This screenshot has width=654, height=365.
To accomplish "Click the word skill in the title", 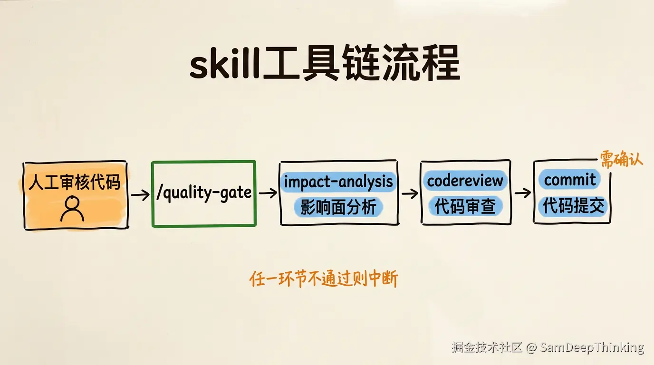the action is [224, 63].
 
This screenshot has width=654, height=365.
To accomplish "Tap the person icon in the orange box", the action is [72, 209].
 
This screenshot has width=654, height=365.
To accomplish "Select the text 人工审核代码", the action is [75, 182].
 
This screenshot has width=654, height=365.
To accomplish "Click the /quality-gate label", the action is [204, 193].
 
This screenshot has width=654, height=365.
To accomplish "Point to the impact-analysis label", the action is [338, 182].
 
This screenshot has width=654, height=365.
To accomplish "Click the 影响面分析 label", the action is [338, 207].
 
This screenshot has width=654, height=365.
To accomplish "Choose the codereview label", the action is [465, 181].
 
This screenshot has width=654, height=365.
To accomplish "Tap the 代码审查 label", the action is [465, 206].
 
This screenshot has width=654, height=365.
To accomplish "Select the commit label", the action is [570, 180].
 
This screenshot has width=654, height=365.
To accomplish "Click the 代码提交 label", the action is [573, 206].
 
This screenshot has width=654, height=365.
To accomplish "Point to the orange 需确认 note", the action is [621, 159].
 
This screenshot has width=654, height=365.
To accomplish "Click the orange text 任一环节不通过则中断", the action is [324, 279].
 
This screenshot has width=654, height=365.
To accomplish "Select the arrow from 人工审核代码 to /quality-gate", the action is [140, 194].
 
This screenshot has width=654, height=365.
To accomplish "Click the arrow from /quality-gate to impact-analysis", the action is [268, 193].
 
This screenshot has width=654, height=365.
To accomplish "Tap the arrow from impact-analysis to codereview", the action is [410, 193].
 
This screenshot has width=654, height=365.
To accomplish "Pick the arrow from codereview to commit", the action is [523, 193].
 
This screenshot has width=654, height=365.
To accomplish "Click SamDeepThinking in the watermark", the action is [592, 347].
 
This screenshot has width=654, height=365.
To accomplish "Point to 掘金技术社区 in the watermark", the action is [487, 347].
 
